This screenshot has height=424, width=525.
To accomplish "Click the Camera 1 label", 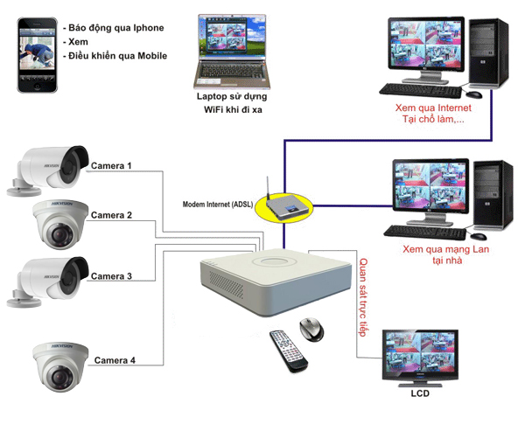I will click(111, 165).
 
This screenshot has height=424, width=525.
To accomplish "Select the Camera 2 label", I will click(111, 215).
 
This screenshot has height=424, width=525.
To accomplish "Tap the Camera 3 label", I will click(111, 276).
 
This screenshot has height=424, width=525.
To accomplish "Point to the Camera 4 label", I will click(115, 360).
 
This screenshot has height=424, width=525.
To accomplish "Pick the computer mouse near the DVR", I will click(311, 330).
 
